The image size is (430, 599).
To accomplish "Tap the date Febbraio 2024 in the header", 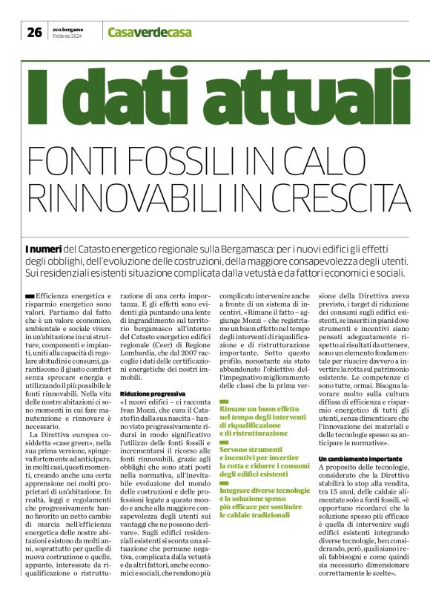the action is (x=67, y=36).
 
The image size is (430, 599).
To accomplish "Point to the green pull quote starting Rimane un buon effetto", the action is (x=259, y=419).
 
